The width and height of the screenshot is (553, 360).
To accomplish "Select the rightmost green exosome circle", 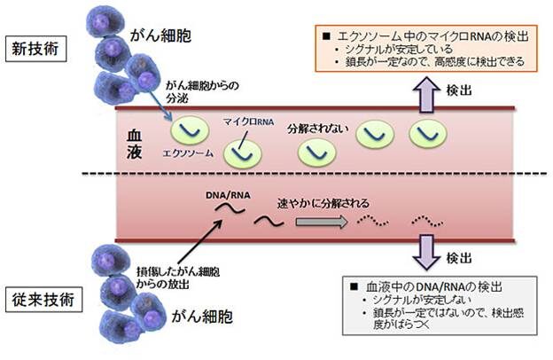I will [x=424, y=133].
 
